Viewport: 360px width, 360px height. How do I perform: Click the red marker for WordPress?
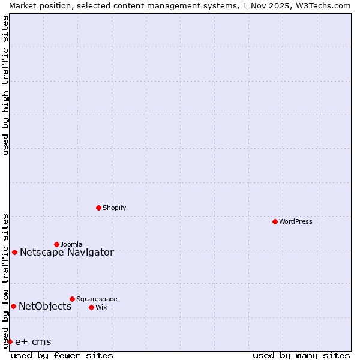click(x=275, y=221)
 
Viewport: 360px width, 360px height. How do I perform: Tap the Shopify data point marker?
click(x=98, y=208)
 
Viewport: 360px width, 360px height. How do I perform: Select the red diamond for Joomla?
click(x=56, y=244)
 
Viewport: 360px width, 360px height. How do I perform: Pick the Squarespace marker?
click(x=72, y=299)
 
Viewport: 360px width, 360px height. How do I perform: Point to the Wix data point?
click(x=91, y=307)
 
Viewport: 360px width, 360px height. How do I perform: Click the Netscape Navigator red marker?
click(x=14, y=252)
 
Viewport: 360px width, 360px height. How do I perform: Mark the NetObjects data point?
click(x=13, y=306)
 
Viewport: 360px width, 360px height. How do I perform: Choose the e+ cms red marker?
click(x=10, y=341)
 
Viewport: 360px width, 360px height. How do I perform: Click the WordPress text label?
click(x=296, y=221)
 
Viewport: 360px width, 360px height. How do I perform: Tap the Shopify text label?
click(x=114, y=208)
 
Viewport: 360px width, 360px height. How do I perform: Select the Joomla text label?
click(x=71, y=244)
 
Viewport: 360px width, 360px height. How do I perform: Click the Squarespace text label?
click(x=97, y=299)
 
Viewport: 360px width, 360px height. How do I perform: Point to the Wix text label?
click(x=101, y=307)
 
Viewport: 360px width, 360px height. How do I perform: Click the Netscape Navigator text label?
click(x=67, y=252)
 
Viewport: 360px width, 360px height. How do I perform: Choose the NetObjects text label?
click(x=45, y=306)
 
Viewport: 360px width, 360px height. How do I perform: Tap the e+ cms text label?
click(x=33, y=342)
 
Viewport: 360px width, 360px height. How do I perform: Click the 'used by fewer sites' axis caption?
click(x=62, y=355)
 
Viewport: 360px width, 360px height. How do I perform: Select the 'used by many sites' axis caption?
click(x=301, y=355)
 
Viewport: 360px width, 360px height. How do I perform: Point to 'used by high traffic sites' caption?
click(x=5, y=85)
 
